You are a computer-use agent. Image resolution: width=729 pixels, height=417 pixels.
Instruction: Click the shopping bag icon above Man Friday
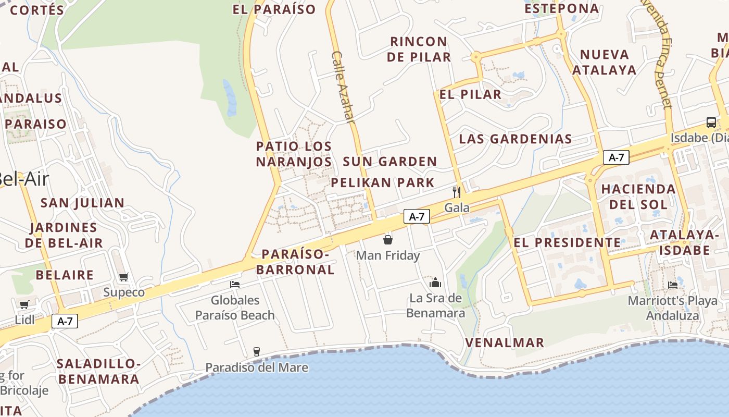pos(388,240)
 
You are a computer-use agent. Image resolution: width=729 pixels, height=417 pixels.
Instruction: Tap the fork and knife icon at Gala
pos(457,192)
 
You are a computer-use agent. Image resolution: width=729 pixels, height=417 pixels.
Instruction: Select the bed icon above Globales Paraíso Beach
pos(235,285)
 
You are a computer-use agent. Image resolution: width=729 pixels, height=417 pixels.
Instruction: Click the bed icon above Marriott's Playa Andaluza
pos(673,285)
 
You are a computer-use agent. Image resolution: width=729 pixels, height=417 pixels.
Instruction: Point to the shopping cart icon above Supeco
pos(123,277)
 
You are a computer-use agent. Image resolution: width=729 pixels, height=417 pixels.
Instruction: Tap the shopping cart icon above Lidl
pos(24,304)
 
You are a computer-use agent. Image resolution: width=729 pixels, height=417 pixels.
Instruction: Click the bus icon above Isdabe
pos(711,122)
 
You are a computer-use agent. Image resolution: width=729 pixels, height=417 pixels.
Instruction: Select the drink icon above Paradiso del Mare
pos(256,352)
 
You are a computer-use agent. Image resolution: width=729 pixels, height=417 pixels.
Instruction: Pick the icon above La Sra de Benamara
pos(435,283)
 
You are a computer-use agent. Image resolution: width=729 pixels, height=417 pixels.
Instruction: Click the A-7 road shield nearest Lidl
pos(65,322)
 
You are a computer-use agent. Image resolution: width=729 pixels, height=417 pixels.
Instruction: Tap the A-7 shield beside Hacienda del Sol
pos(616,157)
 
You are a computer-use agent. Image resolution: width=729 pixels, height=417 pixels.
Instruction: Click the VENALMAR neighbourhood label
pos(505,342)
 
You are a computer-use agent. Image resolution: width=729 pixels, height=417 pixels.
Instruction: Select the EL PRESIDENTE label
pos(567,242)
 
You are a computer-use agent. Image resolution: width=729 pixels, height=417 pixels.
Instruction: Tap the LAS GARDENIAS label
pos(516,139)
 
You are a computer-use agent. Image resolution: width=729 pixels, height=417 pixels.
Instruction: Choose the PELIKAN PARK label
pos(383,182)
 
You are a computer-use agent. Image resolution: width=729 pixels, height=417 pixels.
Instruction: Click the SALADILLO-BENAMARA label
pos(98,371)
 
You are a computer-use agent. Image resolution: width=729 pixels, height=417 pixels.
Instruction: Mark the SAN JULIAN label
pos(82,203)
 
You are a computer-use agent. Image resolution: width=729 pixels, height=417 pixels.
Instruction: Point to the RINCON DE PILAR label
pos(419,49)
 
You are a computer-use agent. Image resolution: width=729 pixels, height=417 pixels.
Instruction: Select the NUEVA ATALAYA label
pos(604,62)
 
